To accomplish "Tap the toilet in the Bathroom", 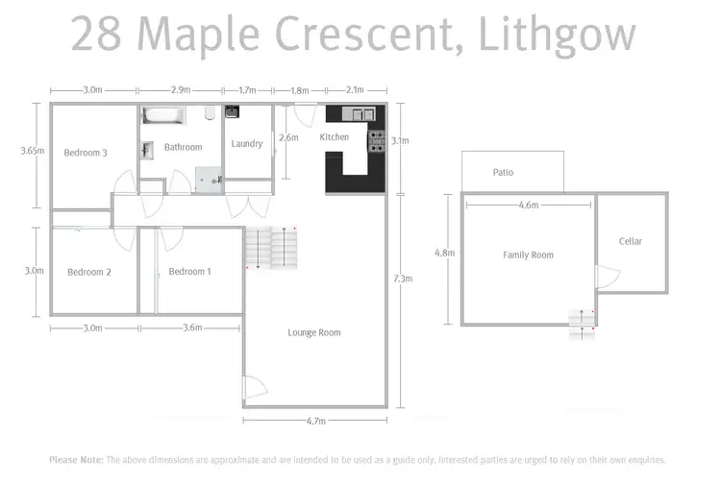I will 209,114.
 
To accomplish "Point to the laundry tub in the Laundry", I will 232,112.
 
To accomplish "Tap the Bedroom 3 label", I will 86,153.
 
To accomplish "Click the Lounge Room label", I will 314,333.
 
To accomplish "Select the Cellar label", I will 630,242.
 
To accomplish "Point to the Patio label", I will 503,173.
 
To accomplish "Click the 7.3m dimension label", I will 402,279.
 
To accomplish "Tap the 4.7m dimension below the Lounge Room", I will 314,421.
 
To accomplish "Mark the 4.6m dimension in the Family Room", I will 528,206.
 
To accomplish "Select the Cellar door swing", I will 604,278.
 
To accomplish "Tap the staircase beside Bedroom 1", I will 272,247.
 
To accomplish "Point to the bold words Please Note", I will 76,460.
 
